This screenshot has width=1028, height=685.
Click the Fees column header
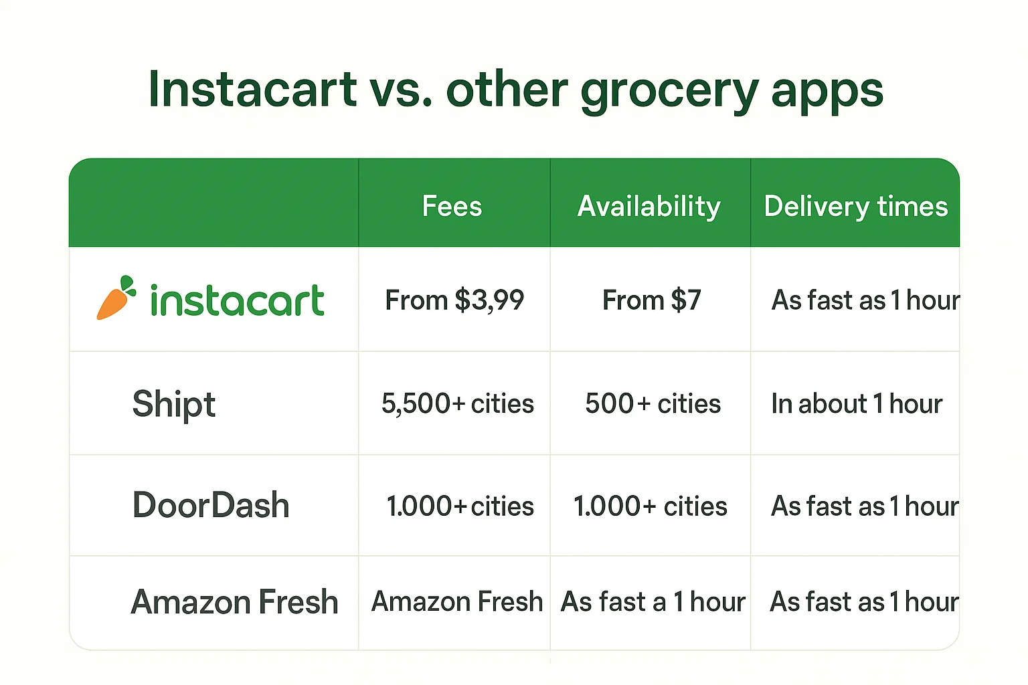tap(452, 206)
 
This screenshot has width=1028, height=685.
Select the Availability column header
tap(649, 206)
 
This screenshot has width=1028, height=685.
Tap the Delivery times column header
tap(855, 206)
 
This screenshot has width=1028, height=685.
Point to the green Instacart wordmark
tap(237, 300)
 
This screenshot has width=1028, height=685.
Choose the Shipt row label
tap(173, 404)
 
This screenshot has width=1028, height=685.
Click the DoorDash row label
tap(211, 505)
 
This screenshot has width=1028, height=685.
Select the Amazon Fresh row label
tap(234, 601)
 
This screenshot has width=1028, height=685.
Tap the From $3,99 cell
tap(454, 300)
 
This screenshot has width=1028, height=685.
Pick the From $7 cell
tap(651, 300)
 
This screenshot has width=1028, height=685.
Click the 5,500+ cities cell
tap(457, 403)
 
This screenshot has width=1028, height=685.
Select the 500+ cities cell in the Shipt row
tap(653, 403)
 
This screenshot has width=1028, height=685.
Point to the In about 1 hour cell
tap(856, 403)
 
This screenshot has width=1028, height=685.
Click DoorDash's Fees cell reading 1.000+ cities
tap(460, 506)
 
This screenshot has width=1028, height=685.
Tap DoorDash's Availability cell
tap(650, 506)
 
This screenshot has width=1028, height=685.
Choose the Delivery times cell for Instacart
tap(864, 300)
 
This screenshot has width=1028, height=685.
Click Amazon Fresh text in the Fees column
tap(456, 601)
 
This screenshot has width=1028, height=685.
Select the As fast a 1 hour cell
tap(653, 601)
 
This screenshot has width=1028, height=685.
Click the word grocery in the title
tap(669, 91)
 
